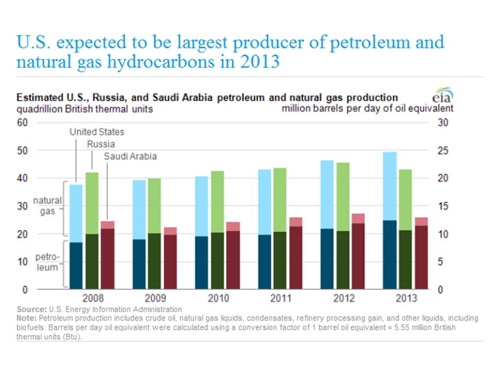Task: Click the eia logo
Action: click(442, 97)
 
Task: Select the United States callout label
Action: click(97, 132)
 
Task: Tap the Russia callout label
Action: click(101, 144)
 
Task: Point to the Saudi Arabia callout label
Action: click(130, 156)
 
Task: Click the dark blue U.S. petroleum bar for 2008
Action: click(76, 265)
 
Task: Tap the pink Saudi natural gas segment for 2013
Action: click(421, 221)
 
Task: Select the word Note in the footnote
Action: click(27, 318)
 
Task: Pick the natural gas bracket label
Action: click(47, 205)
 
